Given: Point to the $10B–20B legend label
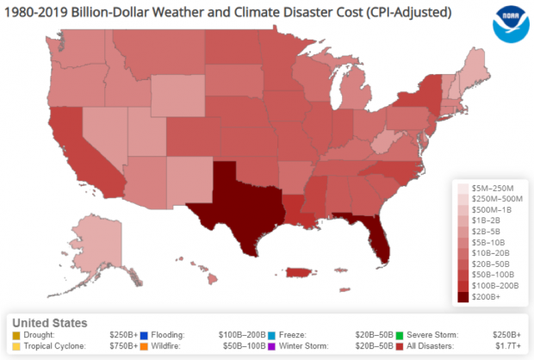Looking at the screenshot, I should click(492, 253).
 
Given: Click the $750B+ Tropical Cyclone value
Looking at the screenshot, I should click(124, 346).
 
